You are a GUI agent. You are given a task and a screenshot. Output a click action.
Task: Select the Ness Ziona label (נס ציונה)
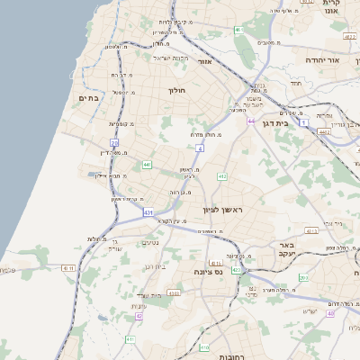tap(208, 271)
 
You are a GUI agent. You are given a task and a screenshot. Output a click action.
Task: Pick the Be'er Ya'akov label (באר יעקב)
tap(287, 249)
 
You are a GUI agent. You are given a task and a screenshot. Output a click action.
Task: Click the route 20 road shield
tap(114, 143)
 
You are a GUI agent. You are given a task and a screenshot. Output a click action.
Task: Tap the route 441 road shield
tap(146, 165)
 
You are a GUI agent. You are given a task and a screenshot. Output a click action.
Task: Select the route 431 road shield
tap(147, 211)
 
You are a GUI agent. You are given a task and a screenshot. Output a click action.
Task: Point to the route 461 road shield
tap(239, 30)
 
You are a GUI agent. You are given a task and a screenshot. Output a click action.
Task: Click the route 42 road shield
tap(139, 317)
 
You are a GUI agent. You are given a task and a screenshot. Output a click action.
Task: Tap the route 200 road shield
tap(303, 279)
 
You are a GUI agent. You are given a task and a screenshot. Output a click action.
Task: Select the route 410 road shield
tap(204, 346)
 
